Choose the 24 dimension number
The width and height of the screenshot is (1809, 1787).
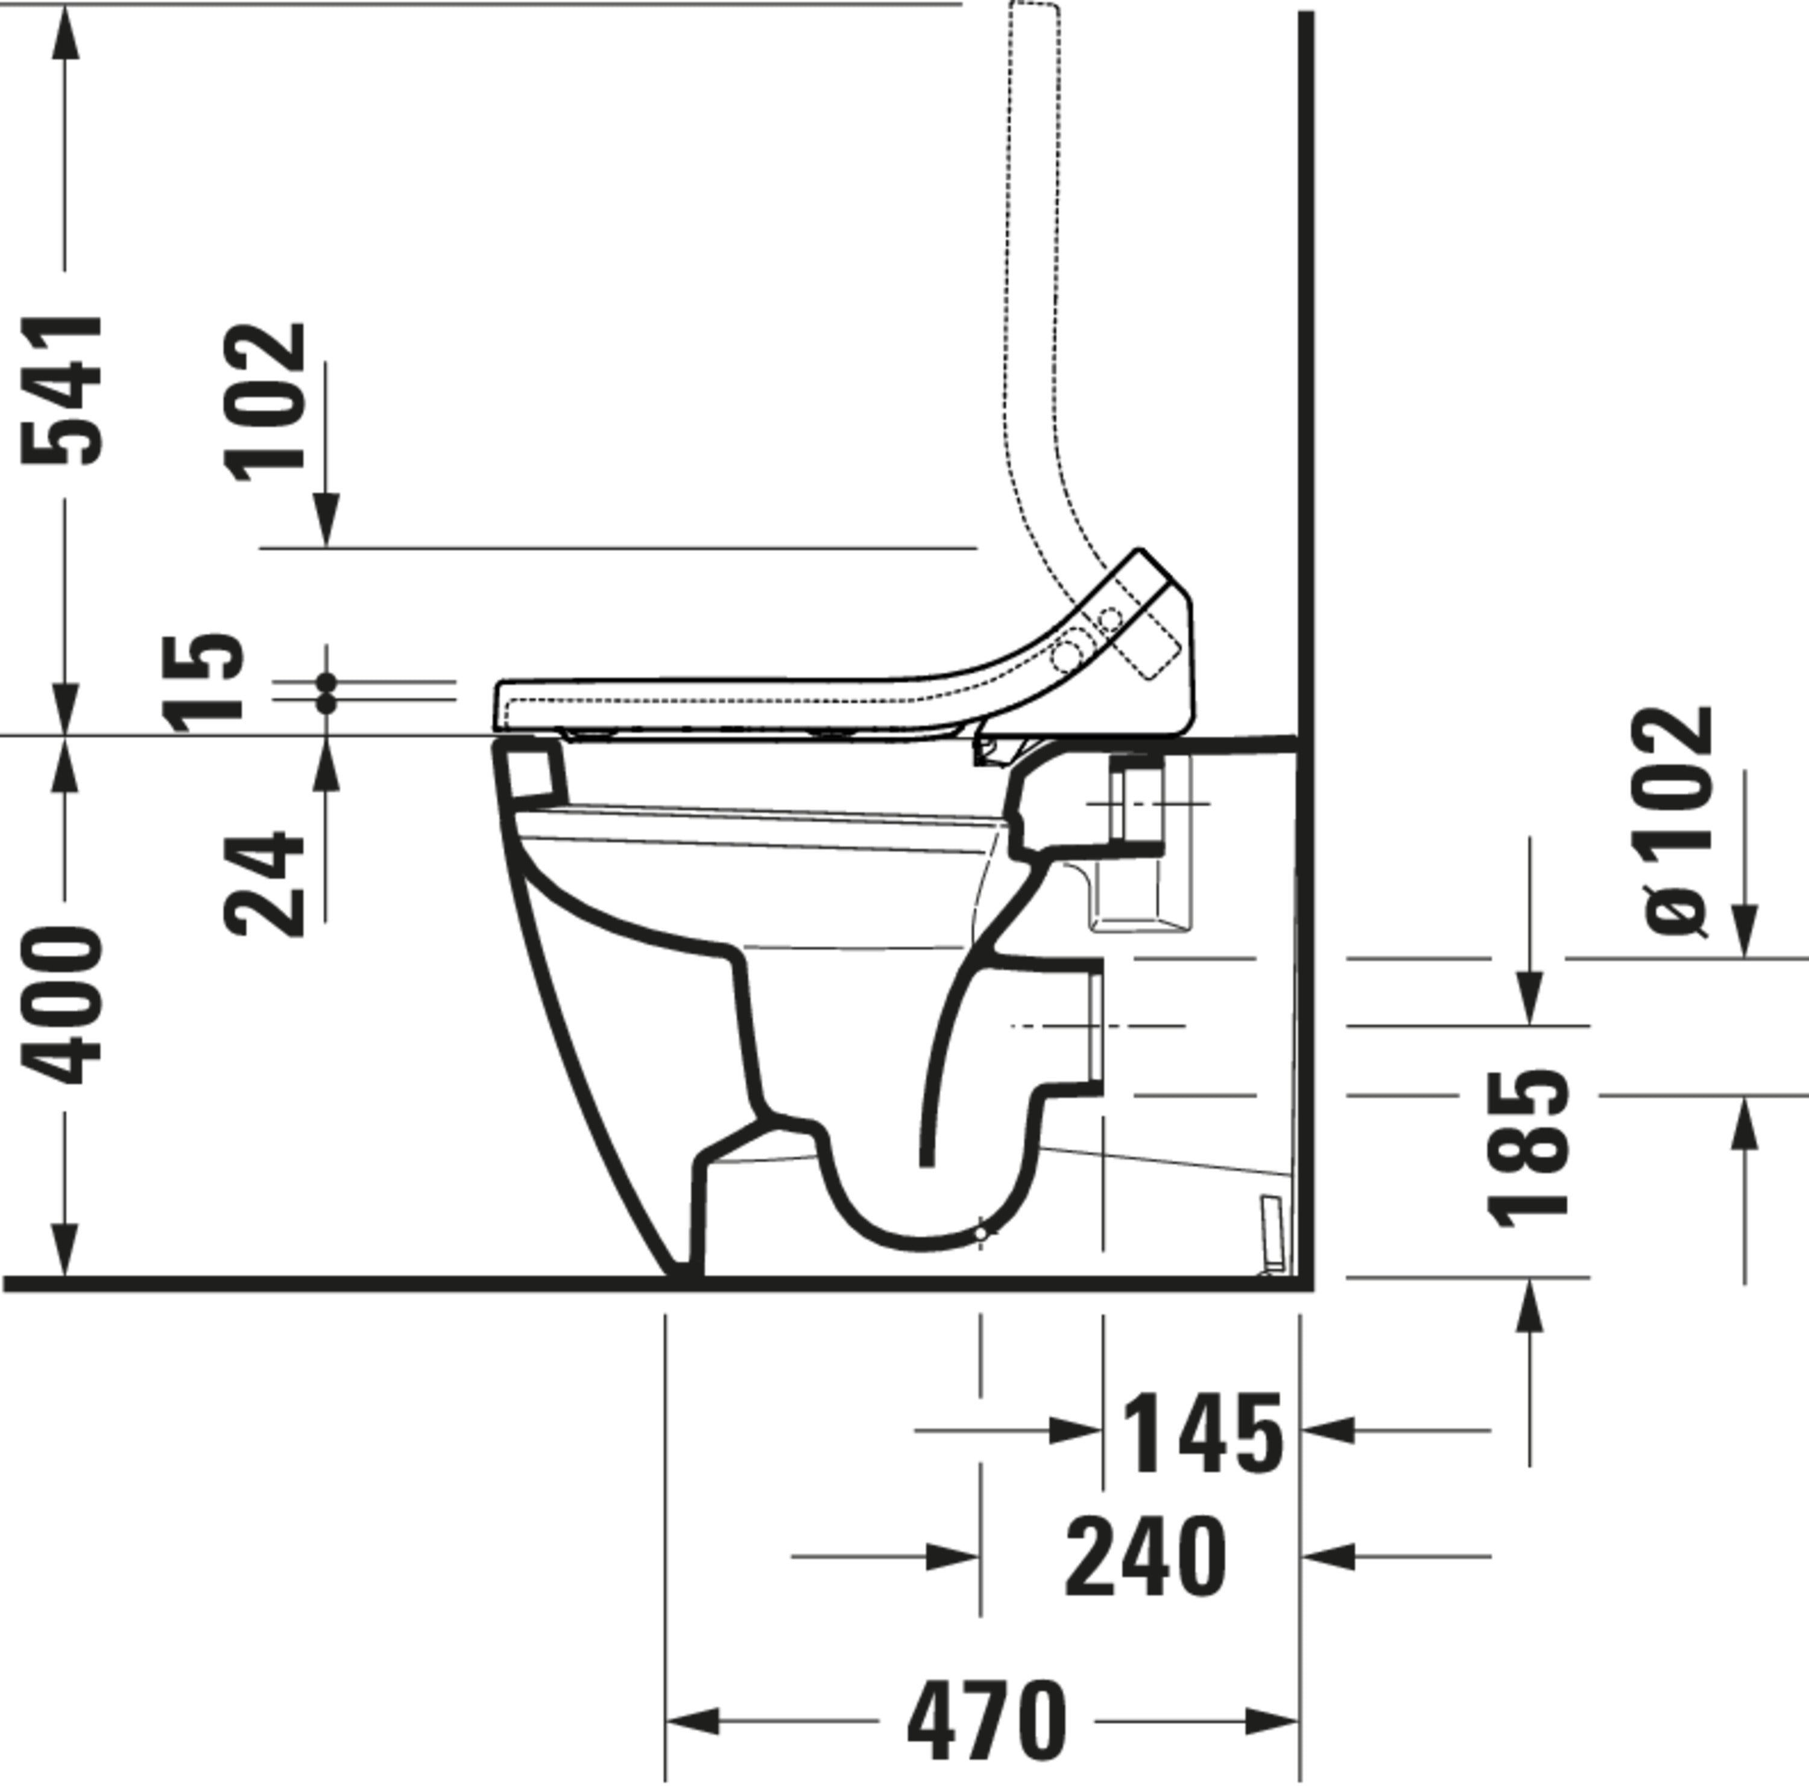pyautogui.click(x=265, y=884)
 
